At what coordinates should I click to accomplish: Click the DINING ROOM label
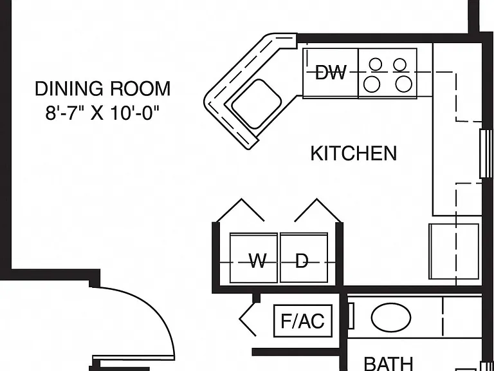[103, 89]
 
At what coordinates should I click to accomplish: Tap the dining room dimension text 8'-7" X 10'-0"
[102, 113]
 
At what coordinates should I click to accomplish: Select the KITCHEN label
[354, 154]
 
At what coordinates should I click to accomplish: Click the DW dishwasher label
[331, 72]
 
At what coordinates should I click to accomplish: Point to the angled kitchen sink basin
[257, 104]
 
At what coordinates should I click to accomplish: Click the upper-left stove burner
[376, 64]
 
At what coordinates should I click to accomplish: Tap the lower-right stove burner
[403, 84]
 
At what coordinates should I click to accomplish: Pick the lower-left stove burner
[372, 84]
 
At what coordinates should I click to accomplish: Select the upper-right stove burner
[400, 64]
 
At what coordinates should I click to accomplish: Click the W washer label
[258, 261]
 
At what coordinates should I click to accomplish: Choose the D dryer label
[302, 261]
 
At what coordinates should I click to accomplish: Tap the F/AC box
[303, 321]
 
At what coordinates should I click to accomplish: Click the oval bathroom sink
[391, 318]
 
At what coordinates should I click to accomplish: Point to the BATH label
[389, 364]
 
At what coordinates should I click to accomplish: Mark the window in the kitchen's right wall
[486, 154]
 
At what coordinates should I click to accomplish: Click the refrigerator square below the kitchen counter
[454, 251]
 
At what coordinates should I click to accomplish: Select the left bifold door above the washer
[240, 211]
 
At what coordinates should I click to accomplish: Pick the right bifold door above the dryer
[318, 211]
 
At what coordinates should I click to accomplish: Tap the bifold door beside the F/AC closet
[248, 319]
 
